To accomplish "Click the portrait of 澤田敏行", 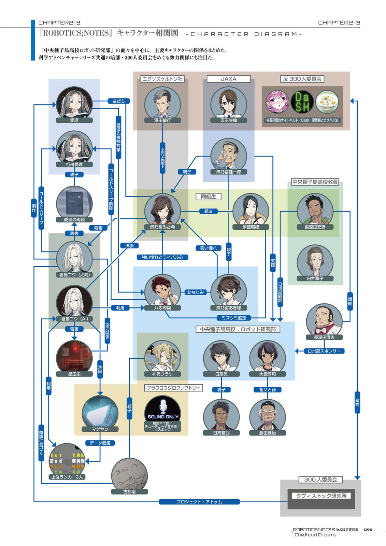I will coord(162,103).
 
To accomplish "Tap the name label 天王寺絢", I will coord(229,120).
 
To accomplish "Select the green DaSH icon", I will coord(302,102).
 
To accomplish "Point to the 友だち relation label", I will coord(118,101).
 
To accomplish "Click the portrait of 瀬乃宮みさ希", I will coord(162,210).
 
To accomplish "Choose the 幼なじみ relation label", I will coord(196,292).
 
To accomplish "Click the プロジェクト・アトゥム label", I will coord(199,502).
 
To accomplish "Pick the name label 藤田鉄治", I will coord(268,433).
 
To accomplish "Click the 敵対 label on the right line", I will coord(357,403).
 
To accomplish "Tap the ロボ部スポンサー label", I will coord(324,351).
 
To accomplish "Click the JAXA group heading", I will coord(228,79).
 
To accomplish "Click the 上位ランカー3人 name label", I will coord(67,477).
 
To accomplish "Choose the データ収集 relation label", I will coord(100,443).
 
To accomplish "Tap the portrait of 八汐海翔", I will coord(162,291).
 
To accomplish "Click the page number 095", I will coord(368,530).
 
